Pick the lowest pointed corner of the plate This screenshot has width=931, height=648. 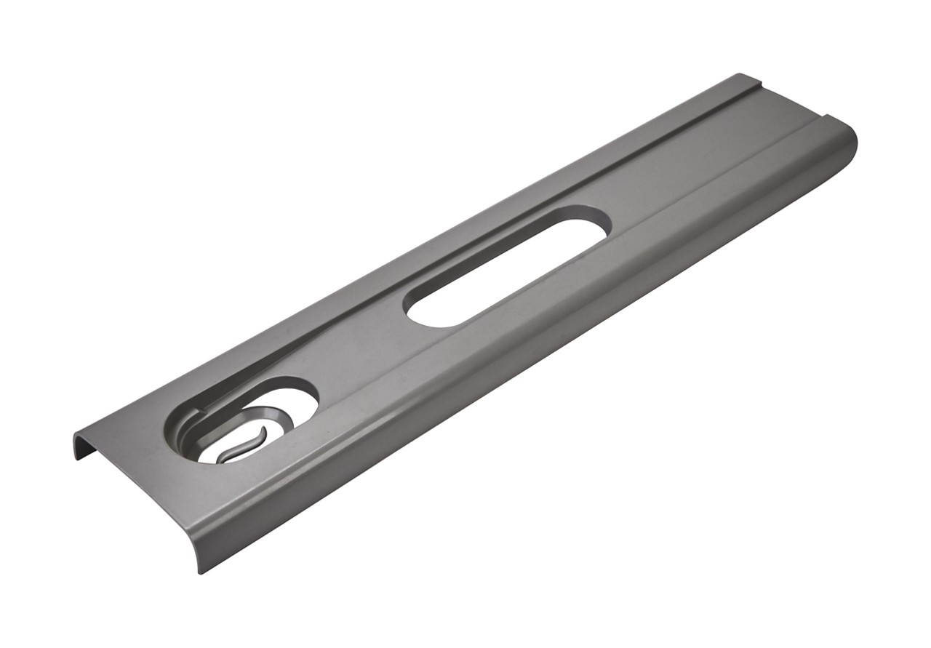[x=199, y=572]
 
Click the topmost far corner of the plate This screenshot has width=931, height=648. [x=740, y=74]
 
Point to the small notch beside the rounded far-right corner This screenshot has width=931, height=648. [x=826, y=115]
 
